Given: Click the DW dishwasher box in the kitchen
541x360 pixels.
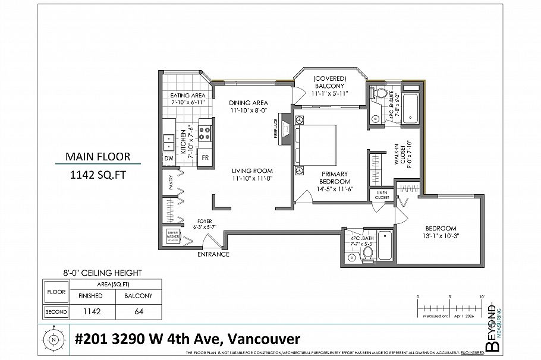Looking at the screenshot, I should click(x=169, y=158).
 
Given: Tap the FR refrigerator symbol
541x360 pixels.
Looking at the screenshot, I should click(x=205, y=158).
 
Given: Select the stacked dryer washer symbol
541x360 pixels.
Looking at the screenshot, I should click(x=172, y=236).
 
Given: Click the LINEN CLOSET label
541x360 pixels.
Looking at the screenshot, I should click(x=382, y=195).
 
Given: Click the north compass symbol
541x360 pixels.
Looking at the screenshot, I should click(x=54, y=340).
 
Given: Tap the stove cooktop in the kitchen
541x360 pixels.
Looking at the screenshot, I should click(x=205, y=131).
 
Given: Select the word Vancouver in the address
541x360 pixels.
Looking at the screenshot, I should click(x=261, y=339).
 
